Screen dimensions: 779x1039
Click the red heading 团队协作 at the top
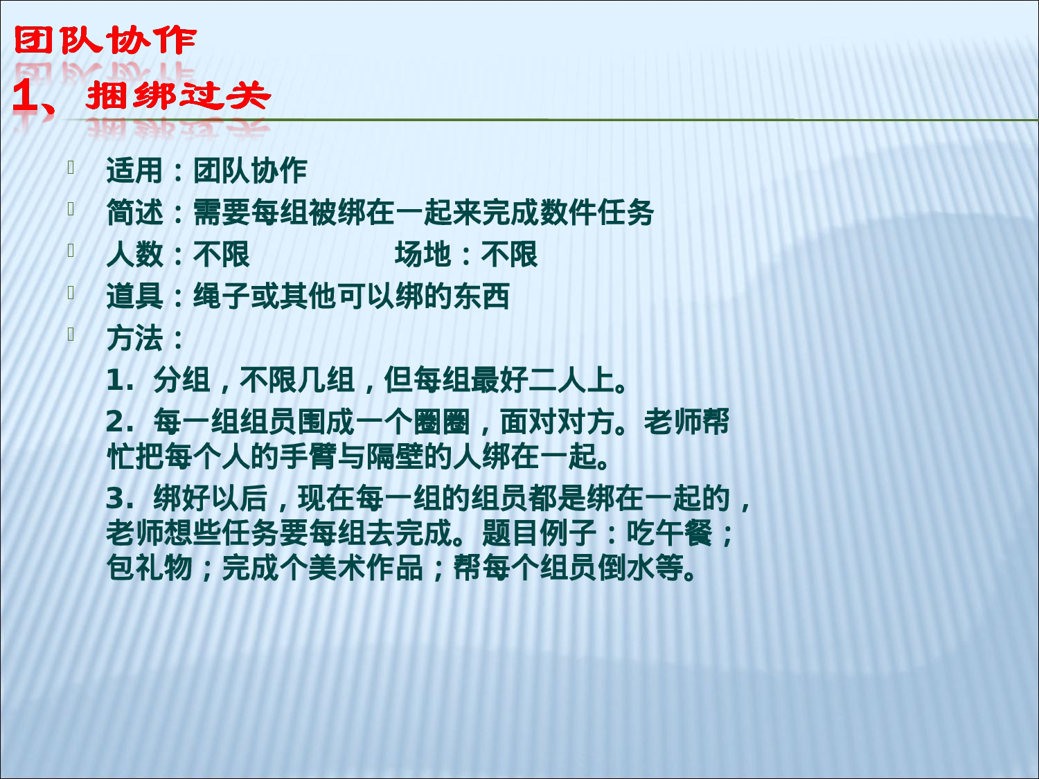pos(105,41)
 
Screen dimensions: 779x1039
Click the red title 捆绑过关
pos(178,96)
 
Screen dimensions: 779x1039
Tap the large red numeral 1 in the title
pos(26,96)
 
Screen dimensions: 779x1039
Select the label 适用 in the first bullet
pos(134,171)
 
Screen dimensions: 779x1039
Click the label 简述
pos(134,213)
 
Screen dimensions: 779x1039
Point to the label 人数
pos(134,255)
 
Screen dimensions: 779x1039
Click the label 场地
pos(423,255)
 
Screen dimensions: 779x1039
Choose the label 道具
pos(134,297)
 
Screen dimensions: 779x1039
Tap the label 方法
pos(134,339)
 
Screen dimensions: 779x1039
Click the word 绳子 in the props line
pos(221,297)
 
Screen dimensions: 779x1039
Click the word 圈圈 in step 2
pos(442,422)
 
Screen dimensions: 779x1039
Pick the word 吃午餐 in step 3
pos(669,533)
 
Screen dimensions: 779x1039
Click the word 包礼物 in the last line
pos(150,568)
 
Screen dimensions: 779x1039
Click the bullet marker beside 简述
pos(71,208)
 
